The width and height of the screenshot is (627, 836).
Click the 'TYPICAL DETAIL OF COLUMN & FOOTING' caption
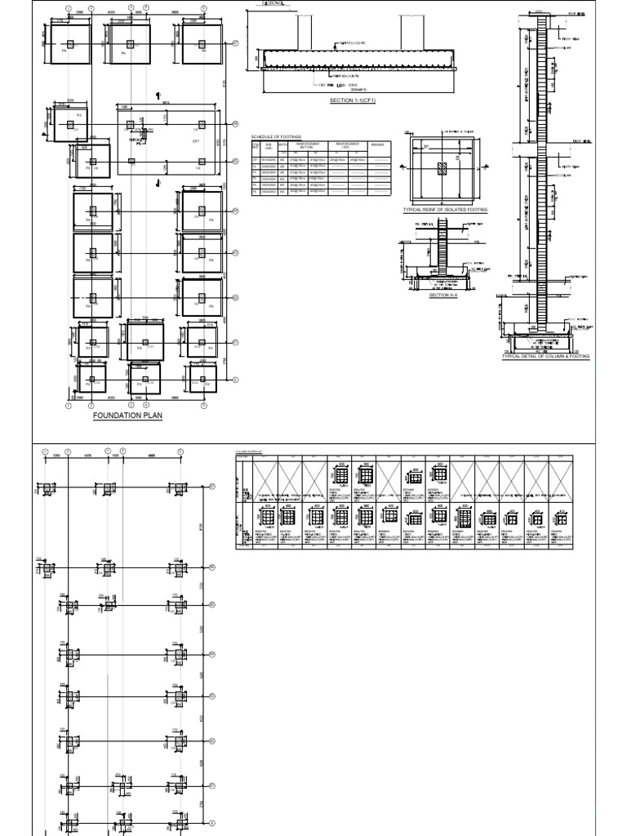[x=545, y=357]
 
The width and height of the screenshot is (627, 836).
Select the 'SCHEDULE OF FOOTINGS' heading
[x=277, y=136]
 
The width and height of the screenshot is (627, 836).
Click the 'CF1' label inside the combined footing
[x=196, y=140]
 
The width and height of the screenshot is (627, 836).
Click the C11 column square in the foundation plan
[x=145, y=340]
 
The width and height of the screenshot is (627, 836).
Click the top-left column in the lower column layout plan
[x=47, y=488]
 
